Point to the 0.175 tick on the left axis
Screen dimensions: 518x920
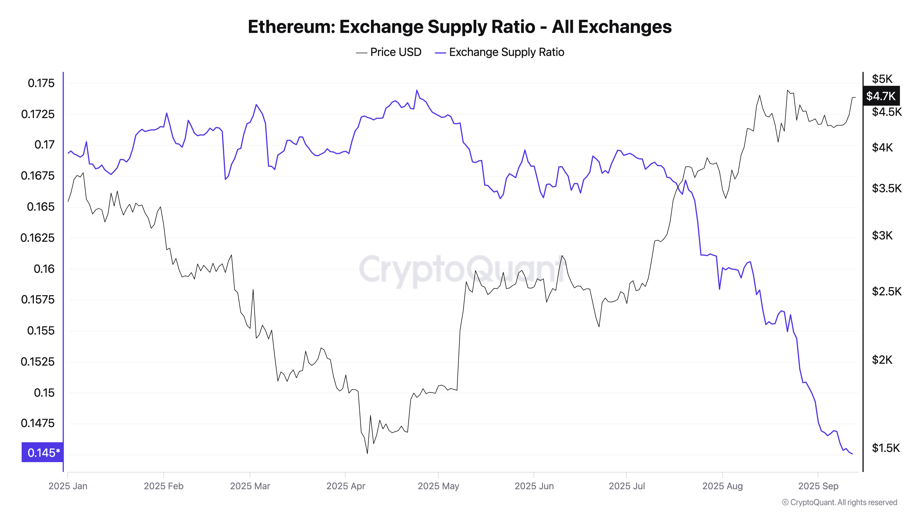click(41, 83)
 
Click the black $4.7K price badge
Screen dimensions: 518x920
click(881, 96)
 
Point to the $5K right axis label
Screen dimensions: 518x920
click(882, 79)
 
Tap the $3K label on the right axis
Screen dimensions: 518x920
click(882, 236)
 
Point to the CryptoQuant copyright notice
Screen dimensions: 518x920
click(839, 502)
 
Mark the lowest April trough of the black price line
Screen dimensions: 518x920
click(367, 454)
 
